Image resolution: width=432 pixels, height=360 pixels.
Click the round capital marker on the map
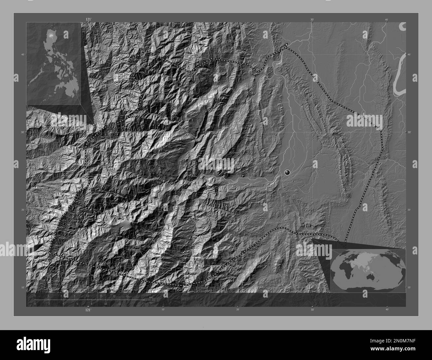pos(287,172)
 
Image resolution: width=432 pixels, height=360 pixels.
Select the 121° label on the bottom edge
pos(88,310)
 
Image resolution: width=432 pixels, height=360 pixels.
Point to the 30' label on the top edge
pos(312,20)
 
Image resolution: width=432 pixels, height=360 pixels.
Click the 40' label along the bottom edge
pos(387,310)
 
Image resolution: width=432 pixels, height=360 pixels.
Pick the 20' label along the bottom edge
pos(238,310)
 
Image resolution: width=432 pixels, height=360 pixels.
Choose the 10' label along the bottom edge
pos(163,310)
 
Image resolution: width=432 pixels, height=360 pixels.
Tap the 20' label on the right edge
pos(409,210)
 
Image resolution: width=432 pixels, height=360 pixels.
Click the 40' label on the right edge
pos(409,54)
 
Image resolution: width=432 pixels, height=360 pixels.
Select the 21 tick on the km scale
pos(127,296)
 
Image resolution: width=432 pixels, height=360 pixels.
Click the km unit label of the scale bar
pos(151,297)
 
